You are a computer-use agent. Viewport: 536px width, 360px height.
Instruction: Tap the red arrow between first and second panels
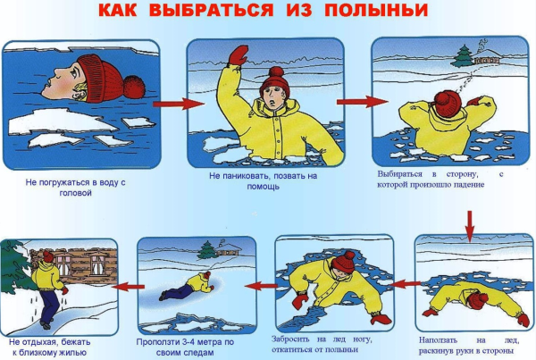[x=171, y=104]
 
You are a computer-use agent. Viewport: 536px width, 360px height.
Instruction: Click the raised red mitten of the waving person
[x=238, y=55]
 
